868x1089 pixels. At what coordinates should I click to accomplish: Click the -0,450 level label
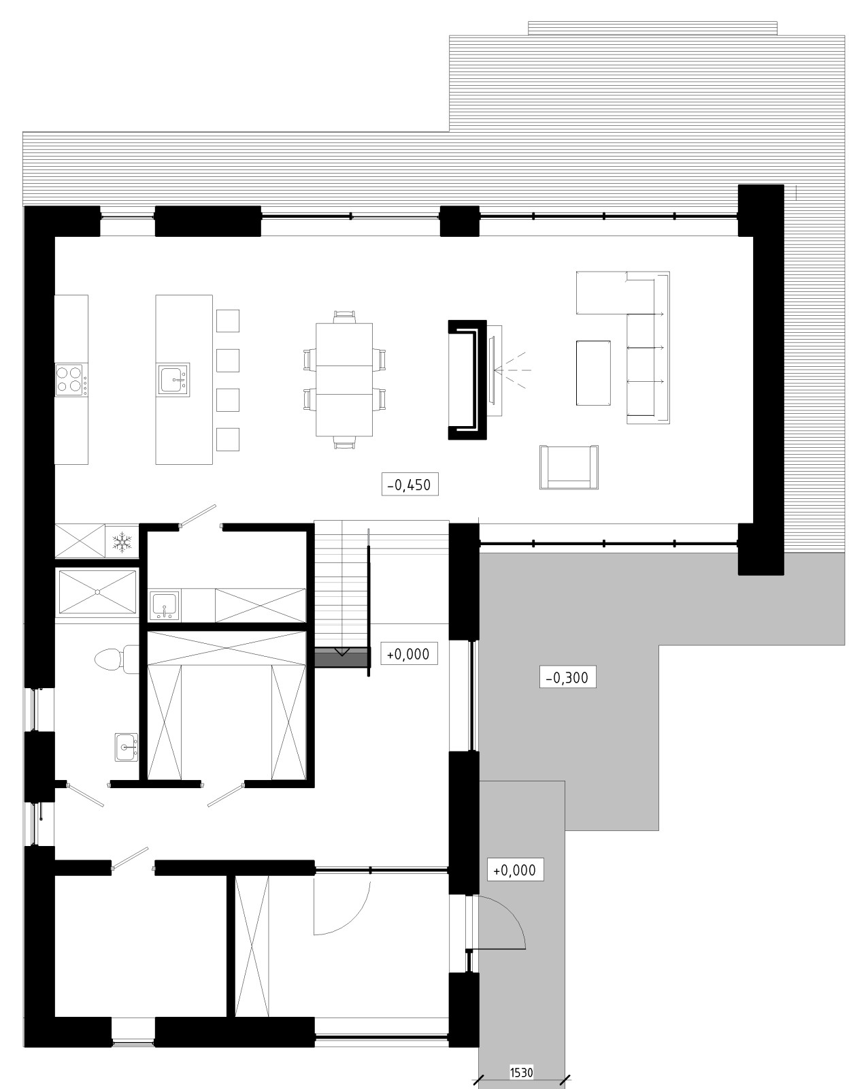click(410, 485)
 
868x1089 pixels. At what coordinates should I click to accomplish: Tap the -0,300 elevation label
click(567, 677)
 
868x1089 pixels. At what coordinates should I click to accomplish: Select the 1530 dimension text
click(521, 1073)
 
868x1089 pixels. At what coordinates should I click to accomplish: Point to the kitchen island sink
click(173, 379)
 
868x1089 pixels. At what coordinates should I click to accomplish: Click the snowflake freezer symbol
click(122, 542)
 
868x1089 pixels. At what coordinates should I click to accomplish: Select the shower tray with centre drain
click(97, 592)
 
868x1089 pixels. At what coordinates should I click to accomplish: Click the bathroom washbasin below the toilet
click(127, 747)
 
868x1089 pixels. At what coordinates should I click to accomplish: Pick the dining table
click(344, 379)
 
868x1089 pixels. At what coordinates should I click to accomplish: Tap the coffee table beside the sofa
click(593, 373)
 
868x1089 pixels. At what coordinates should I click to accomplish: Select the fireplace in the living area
click(467, 379)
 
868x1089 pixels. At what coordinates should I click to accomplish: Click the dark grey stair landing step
click(341, 657)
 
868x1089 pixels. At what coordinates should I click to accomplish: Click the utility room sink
click(164, 605)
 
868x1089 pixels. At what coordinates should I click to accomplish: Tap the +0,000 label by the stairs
click(408, 654)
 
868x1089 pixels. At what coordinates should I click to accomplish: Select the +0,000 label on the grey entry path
click(514, 870)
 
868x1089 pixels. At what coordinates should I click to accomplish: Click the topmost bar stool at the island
click(228, 321)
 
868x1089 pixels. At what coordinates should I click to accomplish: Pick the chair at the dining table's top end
click(345, 316)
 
